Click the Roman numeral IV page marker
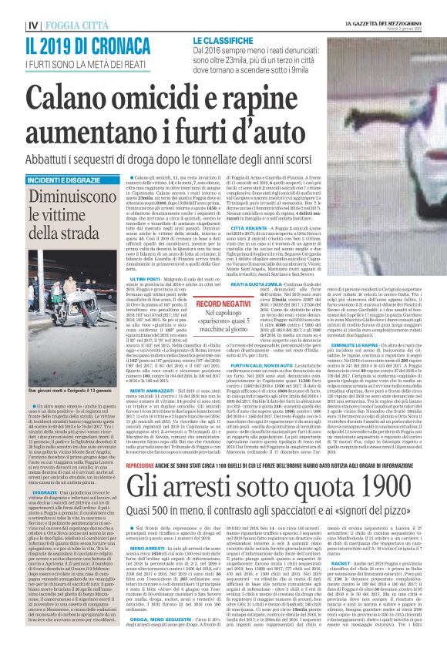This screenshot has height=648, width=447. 12,24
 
